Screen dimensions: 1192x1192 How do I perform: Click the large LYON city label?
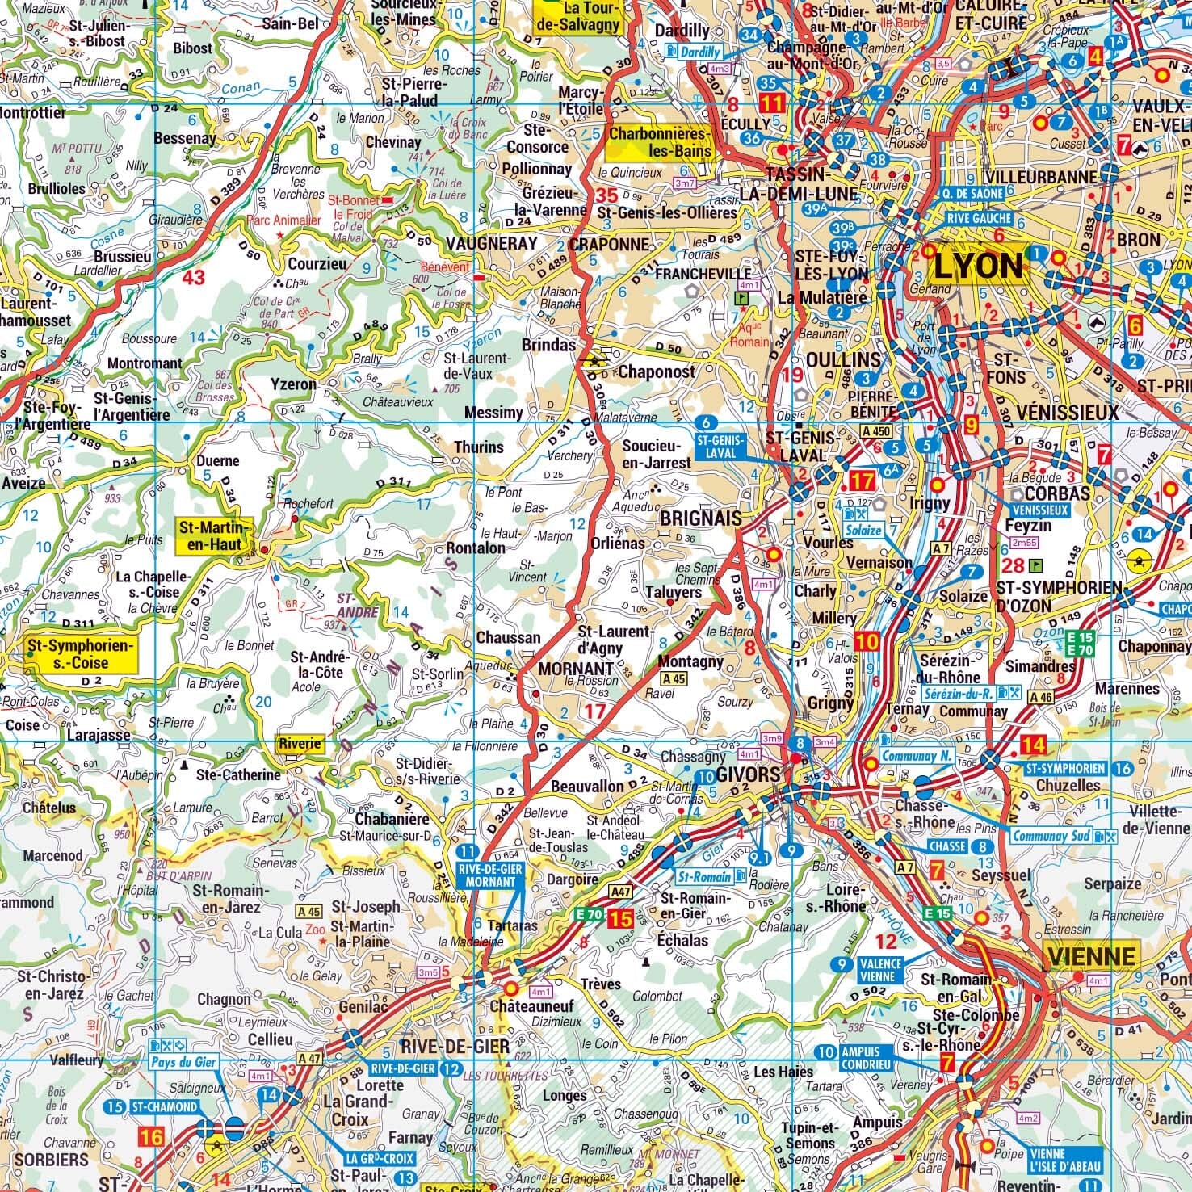coord(977,265)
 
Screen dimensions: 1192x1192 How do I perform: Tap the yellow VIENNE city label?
coord(1091,957)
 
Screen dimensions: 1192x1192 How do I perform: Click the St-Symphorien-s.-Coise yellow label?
coord(79,654)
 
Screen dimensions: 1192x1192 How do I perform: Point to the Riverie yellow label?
coord(300,744)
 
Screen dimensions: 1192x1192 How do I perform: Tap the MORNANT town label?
coord(576,669)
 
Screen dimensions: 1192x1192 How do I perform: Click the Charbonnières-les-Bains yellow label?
coord(660,142)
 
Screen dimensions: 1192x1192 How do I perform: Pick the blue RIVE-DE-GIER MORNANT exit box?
coord(491,875)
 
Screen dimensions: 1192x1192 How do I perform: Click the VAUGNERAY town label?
coord(491,243)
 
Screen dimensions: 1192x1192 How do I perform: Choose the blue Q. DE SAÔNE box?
coord(972,194)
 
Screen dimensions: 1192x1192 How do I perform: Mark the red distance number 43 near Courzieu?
coord(193,278)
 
